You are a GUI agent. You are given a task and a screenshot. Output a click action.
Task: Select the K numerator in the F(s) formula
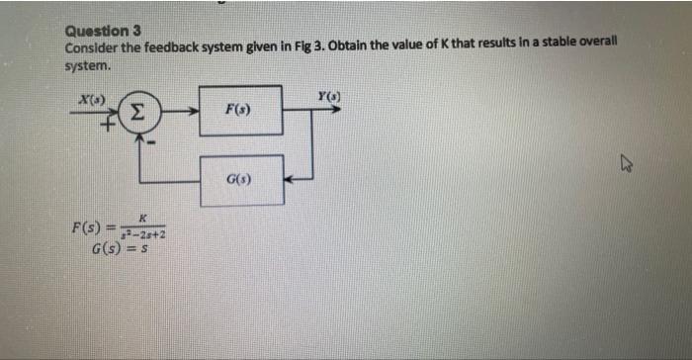(x=143, y=219)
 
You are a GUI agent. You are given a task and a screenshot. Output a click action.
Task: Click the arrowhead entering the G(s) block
(x=290, y=180)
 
